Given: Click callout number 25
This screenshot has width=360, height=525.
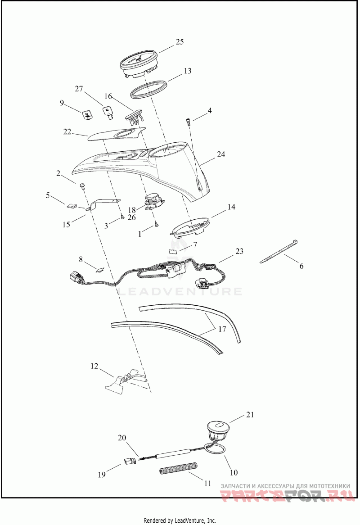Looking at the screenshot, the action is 180,42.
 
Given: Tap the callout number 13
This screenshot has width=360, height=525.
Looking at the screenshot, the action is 187,71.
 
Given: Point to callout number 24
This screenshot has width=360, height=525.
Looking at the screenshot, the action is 220,154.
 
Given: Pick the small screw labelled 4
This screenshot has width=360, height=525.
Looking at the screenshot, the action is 188,120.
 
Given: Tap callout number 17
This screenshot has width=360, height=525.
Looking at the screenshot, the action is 222,329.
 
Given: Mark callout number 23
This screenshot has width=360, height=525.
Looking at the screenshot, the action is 239,251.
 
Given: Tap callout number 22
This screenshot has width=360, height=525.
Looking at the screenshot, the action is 67,131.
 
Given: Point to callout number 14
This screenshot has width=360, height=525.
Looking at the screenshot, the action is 231,207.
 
